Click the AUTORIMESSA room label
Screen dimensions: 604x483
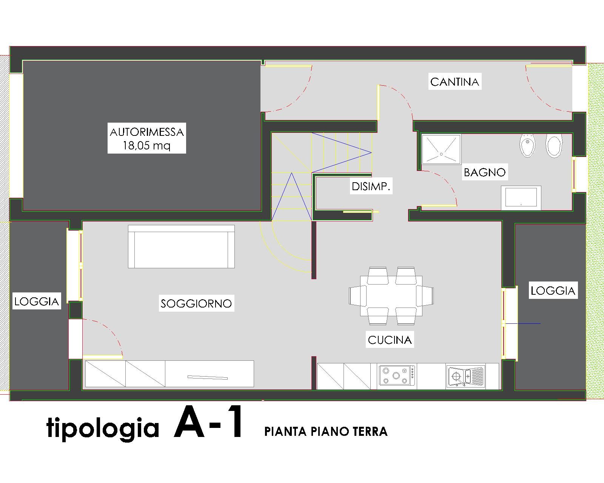pyautogui.click(x=146, y=132)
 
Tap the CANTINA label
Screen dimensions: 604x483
pyautogui.click(x=455, y=82)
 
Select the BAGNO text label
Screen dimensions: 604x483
pyautogui.click(x=485, y=172)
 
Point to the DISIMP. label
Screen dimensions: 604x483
pyautogui.click(x=371, y=186)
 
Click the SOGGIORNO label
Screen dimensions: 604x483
pyautogui.click(x=196, y=303)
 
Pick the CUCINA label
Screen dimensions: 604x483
pyautogui.click(x=390, y=340)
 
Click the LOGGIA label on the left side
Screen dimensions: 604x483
pyautogui.click(x=37, y=301)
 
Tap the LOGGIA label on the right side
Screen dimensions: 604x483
pyautogui.click(x=553, y=291)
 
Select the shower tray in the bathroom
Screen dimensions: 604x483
pyautogui.click(x=442, y=149)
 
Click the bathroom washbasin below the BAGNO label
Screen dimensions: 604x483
pyautogui.click(x=521, y=198)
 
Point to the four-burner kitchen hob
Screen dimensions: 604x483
pyautogui.click(x=397, y=375)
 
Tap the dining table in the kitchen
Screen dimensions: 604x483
pyautogui.click(x=391, y=296)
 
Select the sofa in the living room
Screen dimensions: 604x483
pyautogui.click(x=181, y=246)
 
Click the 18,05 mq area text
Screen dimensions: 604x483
pyautogui.click(x=146, y=146)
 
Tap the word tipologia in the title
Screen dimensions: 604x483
pyautogui.click(x=103, y=429)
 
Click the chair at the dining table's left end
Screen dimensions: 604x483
pyautogui.click(x=357, y=296)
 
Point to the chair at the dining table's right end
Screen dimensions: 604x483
pyautogui.click(x=425, y=296)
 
